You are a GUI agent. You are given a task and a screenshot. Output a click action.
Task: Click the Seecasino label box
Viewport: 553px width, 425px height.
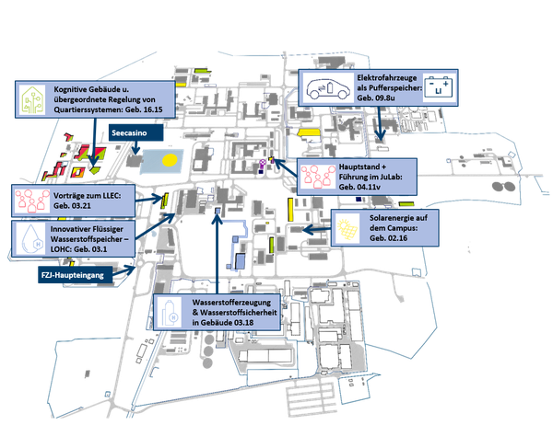coord(135,132)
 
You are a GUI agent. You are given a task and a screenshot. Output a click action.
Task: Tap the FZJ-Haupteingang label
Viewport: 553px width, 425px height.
coord(76,275)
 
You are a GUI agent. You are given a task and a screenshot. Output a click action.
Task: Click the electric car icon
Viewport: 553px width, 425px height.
coord(327,88)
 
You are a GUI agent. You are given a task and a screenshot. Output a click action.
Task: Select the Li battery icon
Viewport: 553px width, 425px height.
coord(439,86)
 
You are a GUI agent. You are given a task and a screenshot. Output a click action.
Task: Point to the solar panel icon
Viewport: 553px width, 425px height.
coord(347,228)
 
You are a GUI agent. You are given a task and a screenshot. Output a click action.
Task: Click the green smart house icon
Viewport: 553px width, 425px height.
coord(33,100)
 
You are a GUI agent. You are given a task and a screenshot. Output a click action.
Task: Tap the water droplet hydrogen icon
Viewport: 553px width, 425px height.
coord(32,239)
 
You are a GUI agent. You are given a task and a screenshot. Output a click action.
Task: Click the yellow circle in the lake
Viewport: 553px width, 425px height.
coord(170,161)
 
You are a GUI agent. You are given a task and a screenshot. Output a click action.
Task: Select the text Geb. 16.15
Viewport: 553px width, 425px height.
coord(144,109)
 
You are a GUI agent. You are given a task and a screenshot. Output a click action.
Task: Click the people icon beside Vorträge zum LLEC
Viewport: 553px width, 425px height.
coord(32,201)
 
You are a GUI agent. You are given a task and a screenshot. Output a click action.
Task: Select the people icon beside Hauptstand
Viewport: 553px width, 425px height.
coord(318,176)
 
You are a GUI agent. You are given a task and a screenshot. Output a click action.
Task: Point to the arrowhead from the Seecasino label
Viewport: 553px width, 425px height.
coord(135,150)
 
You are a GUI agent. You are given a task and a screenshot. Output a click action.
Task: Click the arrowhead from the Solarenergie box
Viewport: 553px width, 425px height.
coord(307,230)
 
